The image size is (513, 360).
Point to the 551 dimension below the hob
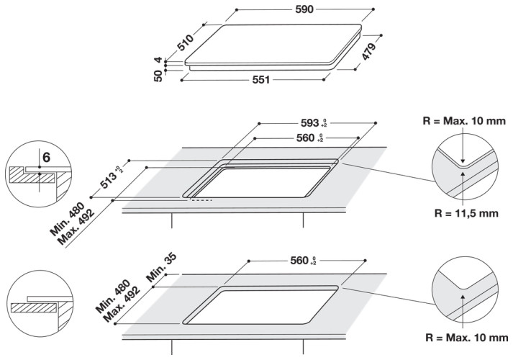260,79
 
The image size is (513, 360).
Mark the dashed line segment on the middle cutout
202,200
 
